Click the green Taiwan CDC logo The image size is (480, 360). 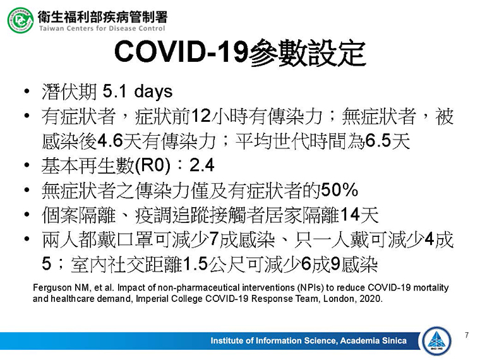point(20,20)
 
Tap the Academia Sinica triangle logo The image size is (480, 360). point(436,341)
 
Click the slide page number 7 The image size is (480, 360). point(467,335)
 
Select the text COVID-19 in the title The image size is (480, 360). point(181,51)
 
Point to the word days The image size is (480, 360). point(153,92)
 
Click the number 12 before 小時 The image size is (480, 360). point(201,116)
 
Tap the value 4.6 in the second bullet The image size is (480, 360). point(110,141)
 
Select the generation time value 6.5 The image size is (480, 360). point(378,141)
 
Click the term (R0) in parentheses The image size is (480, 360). point(152,165)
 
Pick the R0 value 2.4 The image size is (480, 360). point(201,165)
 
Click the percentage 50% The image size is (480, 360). point(340,190)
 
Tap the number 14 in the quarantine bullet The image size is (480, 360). point(350,215)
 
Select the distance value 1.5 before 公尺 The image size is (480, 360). point(196,264)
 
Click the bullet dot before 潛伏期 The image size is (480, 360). point(27,91)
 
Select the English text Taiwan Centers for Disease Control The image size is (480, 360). point(102,28)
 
